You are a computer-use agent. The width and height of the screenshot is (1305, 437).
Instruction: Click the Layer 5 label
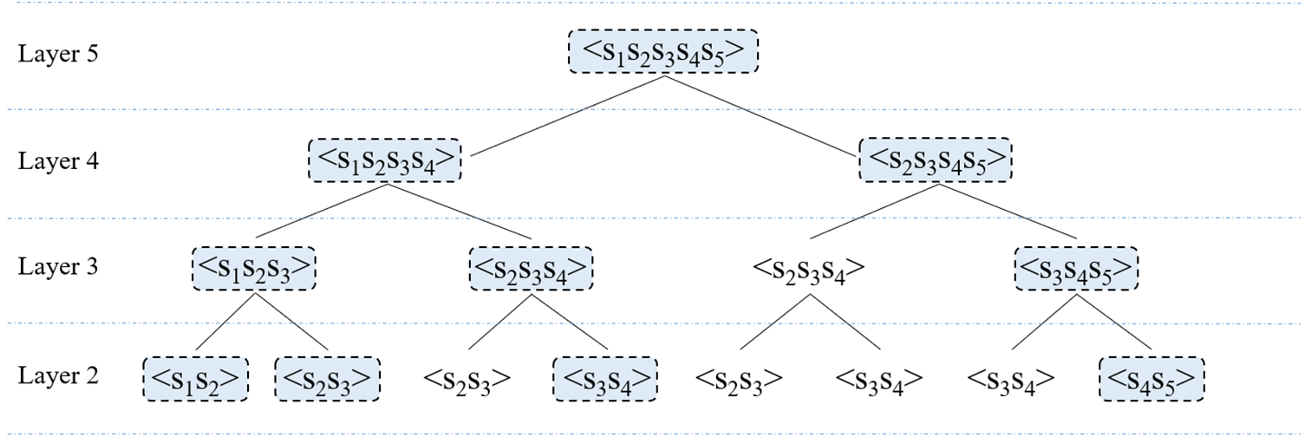tap(59, 54)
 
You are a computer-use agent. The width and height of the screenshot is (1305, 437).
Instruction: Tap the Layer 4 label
tap(59, 161)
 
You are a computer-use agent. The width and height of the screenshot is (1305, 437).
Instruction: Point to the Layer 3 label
tap(59, 267)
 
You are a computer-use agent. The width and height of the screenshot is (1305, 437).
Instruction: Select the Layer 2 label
tap(59, 375)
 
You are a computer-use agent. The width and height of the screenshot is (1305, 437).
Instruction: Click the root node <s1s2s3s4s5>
tap(663, 52)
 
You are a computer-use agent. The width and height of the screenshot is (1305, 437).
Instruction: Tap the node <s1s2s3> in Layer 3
tap(253, 268)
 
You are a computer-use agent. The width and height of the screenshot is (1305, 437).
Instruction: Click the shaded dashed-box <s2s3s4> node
tap(532, 268)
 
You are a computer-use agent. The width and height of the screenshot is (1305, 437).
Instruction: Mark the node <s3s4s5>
tap(1075, 268)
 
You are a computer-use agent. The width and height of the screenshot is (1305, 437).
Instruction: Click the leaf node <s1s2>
tap(195, 379)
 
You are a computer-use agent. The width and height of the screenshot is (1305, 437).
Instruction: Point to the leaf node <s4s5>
tap(1152, 379)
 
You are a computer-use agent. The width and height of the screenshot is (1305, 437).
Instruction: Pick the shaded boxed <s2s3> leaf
tap(328, 379)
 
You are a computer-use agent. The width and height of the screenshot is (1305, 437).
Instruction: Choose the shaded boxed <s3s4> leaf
tap(605, 379)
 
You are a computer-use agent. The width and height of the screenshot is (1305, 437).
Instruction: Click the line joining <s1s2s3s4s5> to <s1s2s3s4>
tap(568, 116)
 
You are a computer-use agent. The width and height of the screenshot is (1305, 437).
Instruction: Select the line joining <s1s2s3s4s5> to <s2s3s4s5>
tap(763, 116)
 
